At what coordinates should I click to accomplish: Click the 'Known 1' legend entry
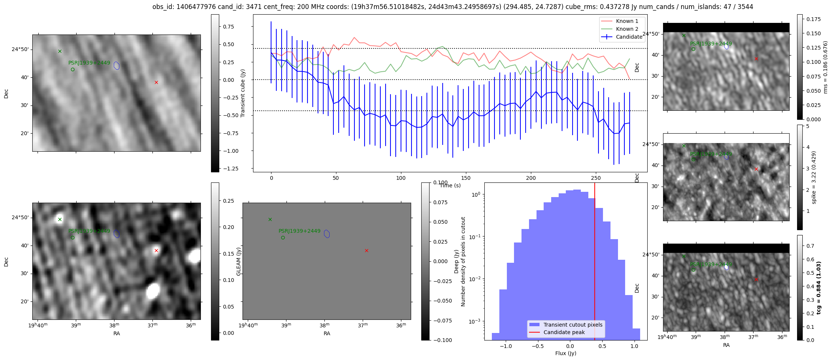(x=627, y=21)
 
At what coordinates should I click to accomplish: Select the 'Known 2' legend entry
(x=627, y=29)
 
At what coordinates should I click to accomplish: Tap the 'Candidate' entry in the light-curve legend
(x=629, y=37)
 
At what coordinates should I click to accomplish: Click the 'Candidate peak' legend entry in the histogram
(x=564, y=332)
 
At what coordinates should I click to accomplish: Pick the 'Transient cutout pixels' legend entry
(x=573, y=325)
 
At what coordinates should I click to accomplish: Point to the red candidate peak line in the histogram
(x=595, y=263)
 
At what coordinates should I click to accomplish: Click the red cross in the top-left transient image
(x=156, y=82)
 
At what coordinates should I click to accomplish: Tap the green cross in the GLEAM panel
(x=270, y=219)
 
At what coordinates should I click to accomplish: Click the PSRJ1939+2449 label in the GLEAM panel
(x=299, y=231)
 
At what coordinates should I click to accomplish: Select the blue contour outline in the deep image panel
(x=116, y=234)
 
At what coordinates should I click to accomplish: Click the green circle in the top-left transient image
(x=72, y=69)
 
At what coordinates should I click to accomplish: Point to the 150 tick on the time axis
(x=466, y=178)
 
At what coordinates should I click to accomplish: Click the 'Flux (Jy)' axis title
(x=565, y=353)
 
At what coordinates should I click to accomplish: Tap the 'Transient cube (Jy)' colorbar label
(x=243, y=93)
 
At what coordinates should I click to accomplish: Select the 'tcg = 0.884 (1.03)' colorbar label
(x=819, y=288)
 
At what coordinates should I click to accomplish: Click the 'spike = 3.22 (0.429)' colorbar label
(x=814, y=178)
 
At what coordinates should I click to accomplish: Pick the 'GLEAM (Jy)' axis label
(x=238, y=261)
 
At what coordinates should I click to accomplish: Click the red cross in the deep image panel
(x=156, y=250)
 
